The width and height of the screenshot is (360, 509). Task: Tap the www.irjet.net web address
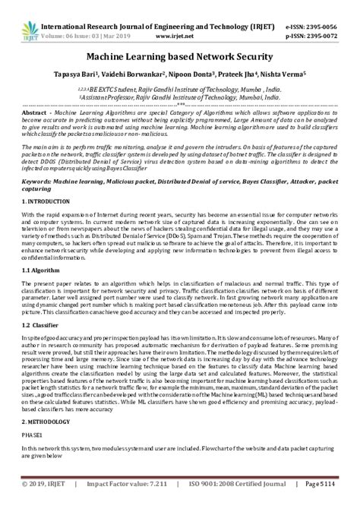[x=183, y=21]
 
